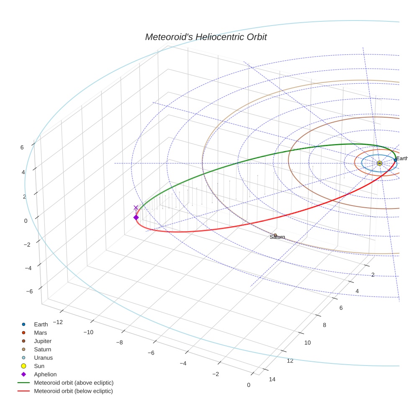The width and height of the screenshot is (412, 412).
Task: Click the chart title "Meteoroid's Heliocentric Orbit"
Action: click(206, 37)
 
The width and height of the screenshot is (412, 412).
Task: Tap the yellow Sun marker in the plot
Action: click(379, 163)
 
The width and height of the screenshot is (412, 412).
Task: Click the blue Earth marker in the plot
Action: click(395, 160)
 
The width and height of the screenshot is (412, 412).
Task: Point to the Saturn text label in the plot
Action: click(277, 237)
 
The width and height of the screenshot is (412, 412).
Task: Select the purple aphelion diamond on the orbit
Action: click(136, 217)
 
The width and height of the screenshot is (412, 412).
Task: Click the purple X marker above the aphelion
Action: click(136, 208)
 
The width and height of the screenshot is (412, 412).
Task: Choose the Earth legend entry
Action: click(41, 324)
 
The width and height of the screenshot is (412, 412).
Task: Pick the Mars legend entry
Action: click(40, 332)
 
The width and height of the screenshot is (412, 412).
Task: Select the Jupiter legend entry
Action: click(42, 341)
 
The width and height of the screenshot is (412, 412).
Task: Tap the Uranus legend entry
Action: click(43, 358)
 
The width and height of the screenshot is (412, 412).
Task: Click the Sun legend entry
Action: click(39, 366)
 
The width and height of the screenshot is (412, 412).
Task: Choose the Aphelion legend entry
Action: click(45, 374)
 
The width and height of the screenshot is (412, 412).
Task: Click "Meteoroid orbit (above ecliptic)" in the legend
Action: click(73, 383)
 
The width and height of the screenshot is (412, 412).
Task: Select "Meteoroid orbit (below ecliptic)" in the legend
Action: click(73, 391)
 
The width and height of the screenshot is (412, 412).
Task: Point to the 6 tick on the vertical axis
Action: click(22, 147)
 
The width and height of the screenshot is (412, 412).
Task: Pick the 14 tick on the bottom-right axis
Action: click(272, 379)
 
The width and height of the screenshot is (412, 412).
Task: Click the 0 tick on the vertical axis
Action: click(26, 221)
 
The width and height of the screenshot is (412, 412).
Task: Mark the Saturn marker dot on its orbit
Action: click(275, 235)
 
